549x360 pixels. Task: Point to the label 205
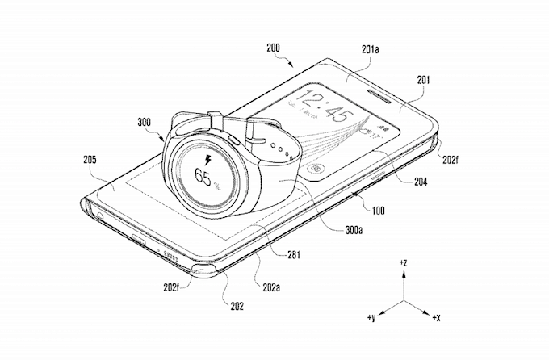click(90, 160)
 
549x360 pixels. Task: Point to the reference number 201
click(424, 80)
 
